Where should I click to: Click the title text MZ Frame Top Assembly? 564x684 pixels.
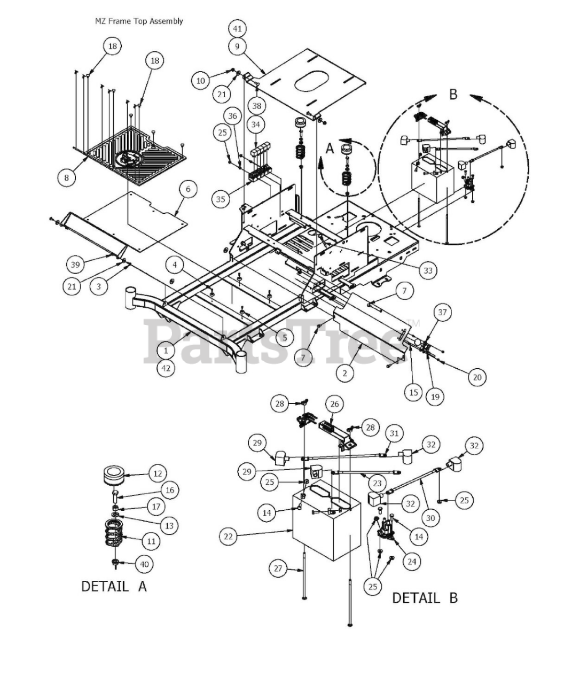(x=138, y=21)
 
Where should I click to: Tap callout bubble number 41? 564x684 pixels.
(x=237, y=29)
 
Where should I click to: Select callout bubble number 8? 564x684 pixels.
(x=66, y=177)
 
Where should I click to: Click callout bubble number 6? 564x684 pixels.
(x=188, y=189)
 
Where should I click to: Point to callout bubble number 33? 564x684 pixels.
(x=428, y=270)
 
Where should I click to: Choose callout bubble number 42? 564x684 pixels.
(x=166, y=368)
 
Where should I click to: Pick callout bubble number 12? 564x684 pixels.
(x=158, y=473)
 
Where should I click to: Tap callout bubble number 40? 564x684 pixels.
(x=144, y=564)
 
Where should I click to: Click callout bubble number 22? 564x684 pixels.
(x=228, y=537)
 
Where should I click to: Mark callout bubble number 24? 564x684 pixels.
(x=412, y=562)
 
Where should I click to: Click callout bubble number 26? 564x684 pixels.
(x=334, y=404)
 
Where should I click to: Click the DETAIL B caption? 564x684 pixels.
(x=425, y=598)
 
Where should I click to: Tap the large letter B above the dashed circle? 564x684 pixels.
(x=453, y=95)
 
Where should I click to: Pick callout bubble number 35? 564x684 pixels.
(x=221, y=199)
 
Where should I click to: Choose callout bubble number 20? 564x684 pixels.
(x=477, y=377)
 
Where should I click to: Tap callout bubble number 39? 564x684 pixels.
(x=75, y=265)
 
